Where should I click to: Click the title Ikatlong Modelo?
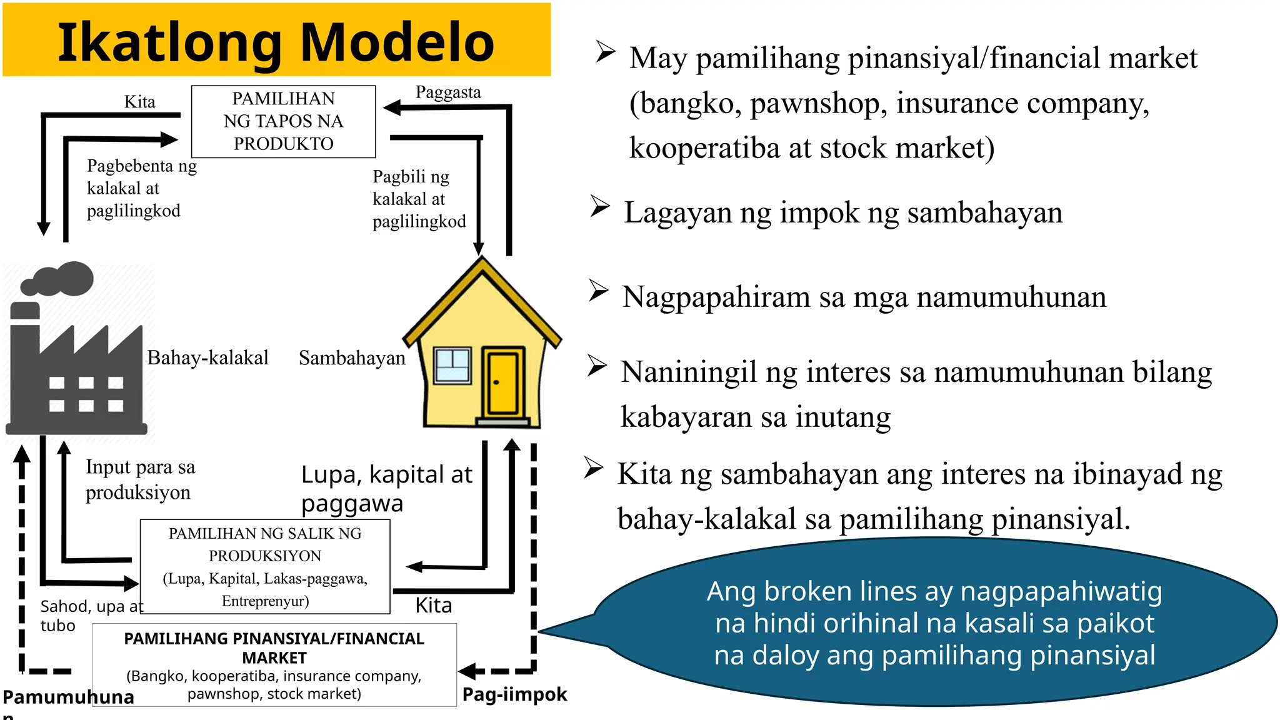(276, 42)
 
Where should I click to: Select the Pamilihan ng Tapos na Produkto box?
(283, 121)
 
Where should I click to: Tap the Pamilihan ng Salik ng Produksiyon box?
(265, 566)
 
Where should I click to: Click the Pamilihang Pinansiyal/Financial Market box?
(274, 665)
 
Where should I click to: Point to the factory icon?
(76, 375)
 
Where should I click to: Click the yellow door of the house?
(502, 382)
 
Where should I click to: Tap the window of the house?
(453, 365)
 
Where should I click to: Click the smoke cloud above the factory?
(59, 279)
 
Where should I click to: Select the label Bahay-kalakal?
(207, 357)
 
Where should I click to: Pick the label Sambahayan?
(352, 358)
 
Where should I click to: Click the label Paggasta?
(448, 92)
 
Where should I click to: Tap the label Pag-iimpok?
(514, 694)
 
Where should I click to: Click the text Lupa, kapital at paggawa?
(386, 489)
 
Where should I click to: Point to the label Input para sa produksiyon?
(140, 479)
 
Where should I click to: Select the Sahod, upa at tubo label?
(91, 616)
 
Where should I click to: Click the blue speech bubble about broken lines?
(934, 622)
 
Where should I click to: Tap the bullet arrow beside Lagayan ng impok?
(600, 206)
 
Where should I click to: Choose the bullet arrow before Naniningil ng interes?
(597, 366)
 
